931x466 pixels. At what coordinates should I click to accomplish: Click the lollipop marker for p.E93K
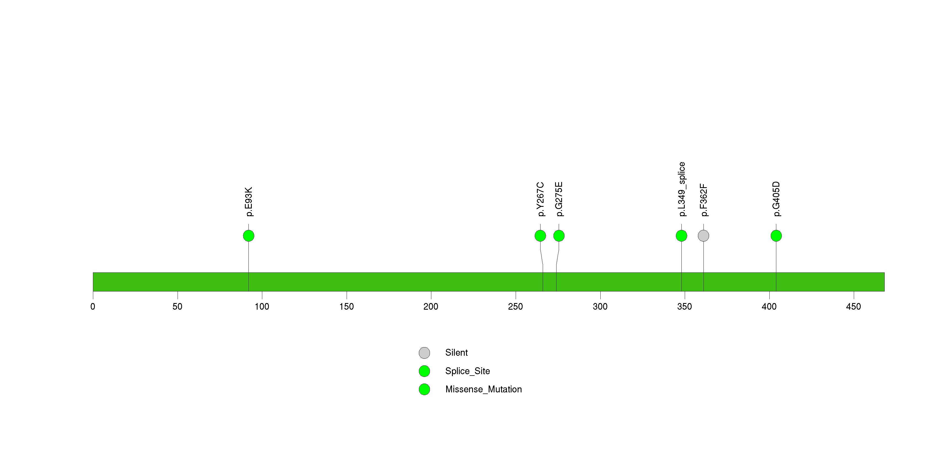[249, 236]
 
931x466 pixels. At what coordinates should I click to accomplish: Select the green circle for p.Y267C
[540, 236]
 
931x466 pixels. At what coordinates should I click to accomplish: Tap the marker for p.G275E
[559, 236]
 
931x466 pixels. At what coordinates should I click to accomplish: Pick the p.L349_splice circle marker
[682, 236]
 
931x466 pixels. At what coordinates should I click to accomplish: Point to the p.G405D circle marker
[776, 236]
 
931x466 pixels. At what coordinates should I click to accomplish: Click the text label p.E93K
[249, 202]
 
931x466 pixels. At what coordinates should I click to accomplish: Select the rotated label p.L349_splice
[682, 189]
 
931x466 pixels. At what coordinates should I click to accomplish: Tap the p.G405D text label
[776, 199]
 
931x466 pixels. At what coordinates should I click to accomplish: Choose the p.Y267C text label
[540, 199]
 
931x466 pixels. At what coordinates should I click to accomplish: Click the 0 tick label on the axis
[93, 307]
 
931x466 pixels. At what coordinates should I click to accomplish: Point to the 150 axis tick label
[347, 307]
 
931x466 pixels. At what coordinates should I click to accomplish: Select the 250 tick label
[515, 307]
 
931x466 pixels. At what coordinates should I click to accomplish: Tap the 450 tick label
[854, 307]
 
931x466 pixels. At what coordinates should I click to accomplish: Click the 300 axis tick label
[600, 307]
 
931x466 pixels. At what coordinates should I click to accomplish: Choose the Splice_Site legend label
[468, 371]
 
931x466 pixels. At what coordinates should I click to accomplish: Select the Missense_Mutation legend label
[484, 389]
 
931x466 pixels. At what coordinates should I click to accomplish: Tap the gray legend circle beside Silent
[424, 353]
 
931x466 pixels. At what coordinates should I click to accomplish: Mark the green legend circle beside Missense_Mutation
[424, 389]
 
